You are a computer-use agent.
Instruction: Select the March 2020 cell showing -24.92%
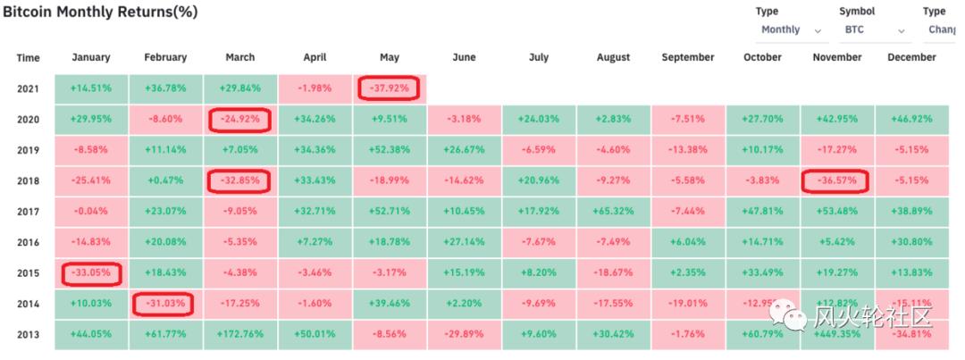[239, 119]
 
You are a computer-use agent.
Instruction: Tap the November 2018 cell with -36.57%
[837, 180]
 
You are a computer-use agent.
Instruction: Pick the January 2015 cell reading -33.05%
[90, 272]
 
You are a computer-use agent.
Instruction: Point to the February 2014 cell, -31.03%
[165, 304]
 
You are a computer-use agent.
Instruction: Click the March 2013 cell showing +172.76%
[239, 334]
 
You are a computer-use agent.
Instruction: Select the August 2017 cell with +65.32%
[613, 211]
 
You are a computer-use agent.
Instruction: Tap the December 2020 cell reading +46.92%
[912, 119]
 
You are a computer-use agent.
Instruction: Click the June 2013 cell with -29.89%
[464, 334]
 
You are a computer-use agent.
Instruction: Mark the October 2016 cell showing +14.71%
[762, 242]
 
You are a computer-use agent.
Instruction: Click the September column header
[688, 57]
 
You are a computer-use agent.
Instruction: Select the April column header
[315, 57]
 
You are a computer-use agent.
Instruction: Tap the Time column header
[28, 58]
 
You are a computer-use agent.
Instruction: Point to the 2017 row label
[28, 212]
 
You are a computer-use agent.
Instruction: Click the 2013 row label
[28, 335]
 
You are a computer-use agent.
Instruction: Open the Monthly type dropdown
[791, 29]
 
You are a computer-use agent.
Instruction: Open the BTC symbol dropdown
[874, 29]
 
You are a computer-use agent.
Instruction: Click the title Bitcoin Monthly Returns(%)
[99, 12]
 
